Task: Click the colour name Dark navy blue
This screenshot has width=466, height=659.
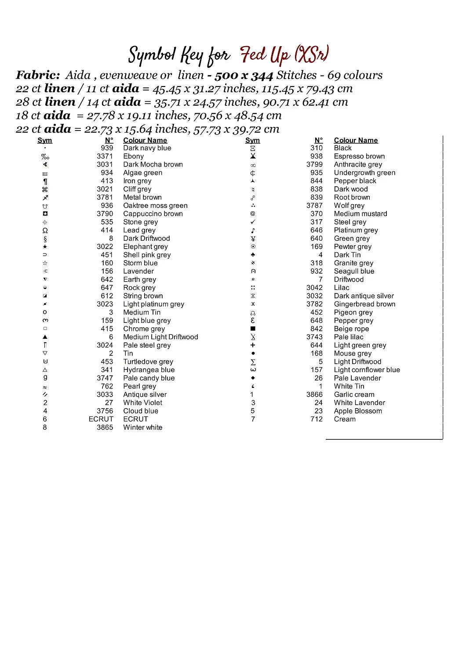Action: coord(147,148)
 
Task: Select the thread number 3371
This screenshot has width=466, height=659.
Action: coord(105,156)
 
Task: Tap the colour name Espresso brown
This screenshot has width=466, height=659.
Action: coord(359,156)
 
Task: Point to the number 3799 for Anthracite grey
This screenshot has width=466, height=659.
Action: coord(314,164)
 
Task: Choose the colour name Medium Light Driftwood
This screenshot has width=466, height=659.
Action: coord(160,337)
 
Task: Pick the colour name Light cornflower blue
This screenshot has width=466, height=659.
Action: coord(367,370)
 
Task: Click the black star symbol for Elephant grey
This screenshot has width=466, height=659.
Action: coord(45,247)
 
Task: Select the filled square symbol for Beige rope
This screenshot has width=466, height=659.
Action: coord(253,329)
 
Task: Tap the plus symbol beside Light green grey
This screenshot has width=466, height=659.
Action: coord(253,345)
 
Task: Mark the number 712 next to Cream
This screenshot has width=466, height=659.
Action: coord(316,419)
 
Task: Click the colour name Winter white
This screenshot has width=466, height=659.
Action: coord(142,427)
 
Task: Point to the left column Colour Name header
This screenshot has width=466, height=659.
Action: coord(145,140)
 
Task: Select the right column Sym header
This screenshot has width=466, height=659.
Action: coord(252,140)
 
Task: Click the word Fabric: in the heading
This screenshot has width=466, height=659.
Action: coord(38,75)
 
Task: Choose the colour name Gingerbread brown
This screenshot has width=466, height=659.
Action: coord(364,304)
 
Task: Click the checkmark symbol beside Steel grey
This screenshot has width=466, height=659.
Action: coord(253,222)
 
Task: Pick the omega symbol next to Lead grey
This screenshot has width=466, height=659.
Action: coord(45,230)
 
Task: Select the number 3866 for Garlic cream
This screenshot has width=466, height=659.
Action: coord(314,395)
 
